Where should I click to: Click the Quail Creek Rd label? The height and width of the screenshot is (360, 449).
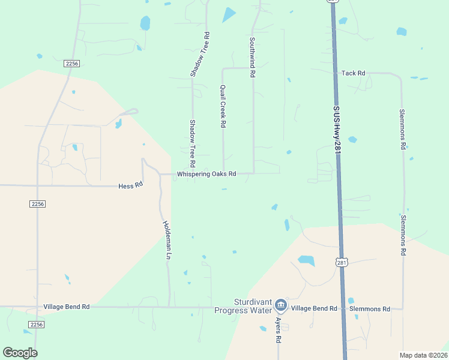point(223,106)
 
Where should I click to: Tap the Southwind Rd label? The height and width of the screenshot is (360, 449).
point(253,57)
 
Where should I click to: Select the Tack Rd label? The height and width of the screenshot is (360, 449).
point(353,73)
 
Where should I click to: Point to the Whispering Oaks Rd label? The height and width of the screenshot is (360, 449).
point(206,174)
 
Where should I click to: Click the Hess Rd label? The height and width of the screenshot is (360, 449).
point(130,186)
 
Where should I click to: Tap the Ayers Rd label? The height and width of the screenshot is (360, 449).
point(279,330)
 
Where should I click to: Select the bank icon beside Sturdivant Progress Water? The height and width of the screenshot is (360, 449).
point(280,307)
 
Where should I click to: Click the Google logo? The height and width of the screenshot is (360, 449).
point(20,353)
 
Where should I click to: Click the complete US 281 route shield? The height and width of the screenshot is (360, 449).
point(341,262)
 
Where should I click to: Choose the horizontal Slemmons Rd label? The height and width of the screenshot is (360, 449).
point(370,309)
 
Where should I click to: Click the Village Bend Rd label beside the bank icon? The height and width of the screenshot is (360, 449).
point(314,308)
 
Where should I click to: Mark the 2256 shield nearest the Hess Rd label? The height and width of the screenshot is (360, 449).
point(37,204)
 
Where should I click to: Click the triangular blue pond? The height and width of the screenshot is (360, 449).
point(229,14)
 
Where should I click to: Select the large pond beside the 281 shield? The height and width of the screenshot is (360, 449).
point(307,260)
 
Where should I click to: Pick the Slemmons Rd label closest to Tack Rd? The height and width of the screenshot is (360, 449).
point(403,129)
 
